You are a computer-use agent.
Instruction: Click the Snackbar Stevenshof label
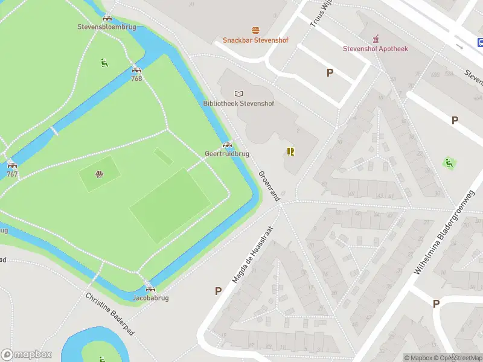255,40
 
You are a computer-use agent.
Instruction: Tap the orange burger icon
255,30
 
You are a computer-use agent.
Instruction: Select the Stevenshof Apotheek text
376,48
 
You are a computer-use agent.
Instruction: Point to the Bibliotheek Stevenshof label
238,103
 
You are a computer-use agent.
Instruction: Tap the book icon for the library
239,93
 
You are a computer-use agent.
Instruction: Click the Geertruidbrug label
227,154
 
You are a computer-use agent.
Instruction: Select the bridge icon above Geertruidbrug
227,145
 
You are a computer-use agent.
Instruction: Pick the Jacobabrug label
150,298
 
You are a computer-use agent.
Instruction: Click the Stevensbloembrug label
107,27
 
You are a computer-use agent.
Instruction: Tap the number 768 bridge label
136,78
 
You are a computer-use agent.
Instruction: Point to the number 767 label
12,174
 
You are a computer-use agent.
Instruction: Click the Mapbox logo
27,355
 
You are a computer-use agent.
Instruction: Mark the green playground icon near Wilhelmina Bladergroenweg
449,163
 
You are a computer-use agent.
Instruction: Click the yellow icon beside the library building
290,151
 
